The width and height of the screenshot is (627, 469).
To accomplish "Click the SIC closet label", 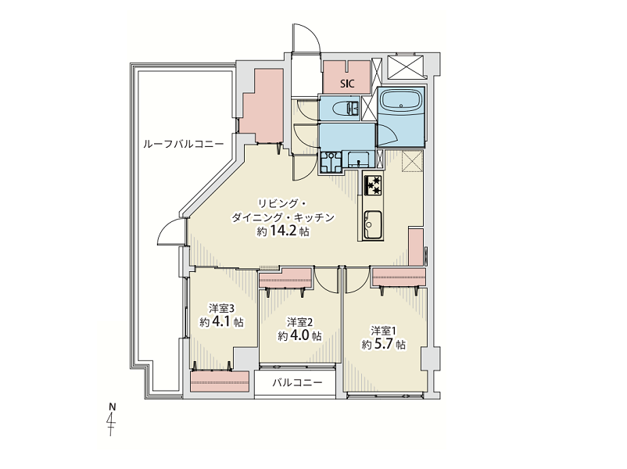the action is tap(347, 84).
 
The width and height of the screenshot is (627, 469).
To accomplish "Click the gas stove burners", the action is tap(374, 185).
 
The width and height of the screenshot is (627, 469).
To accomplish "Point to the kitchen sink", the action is tap(373, 224).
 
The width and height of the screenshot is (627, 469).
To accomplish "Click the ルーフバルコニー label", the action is tap(183, 144).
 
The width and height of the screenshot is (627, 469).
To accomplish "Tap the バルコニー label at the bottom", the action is tap(297, 383).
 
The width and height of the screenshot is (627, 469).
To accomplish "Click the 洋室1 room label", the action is tap(383, 331).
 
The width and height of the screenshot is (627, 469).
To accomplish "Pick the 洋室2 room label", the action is tap(299, 322).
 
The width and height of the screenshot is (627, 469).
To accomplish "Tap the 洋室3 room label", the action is tap(221, 308).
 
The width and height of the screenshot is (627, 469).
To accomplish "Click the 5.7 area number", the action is tap(384, 344).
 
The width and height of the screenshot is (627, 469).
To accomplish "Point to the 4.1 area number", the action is tap(221, 322).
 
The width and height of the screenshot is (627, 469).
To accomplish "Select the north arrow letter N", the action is tap(113, 407).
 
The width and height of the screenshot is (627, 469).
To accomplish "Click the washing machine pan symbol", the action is tap(331, 162).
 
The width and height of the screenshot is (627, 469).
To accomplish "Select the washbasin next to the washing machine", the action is tap(360, 160).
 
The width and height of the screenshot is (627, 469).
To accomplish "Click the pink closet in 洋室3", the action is tap(220, 381).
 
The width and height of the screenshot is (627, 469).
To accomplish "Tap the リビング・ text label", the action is tap(282, 204).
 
